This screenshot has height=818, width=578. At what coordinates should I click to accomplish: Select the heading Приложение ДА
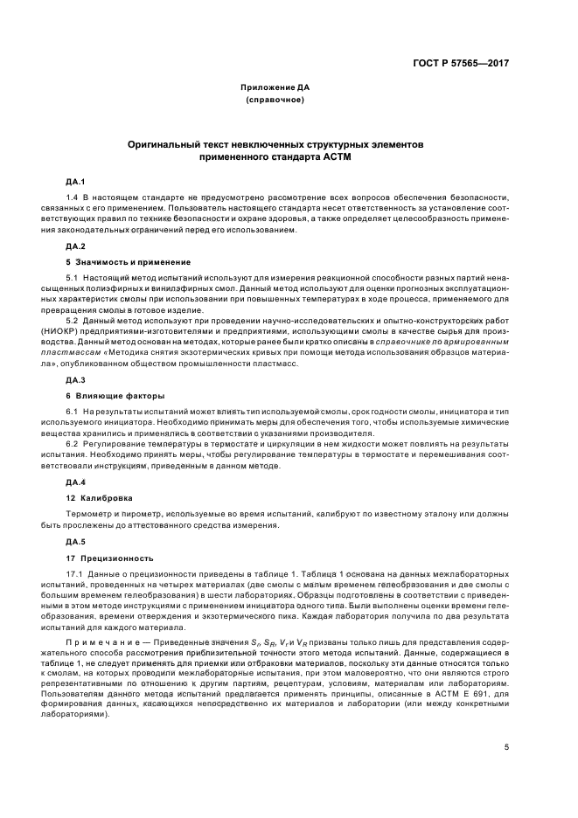[275, 88]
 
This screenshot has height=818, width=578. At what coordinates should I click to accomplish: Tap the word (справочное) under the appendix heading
[275, 101]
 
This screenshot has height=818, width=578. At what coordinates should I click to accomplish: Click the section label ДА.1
[74, 181]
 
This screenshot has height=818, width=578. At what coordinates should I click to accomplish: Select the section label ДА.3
[74, 380]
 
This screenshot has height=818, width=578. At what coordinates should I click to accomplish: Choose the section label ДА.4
[74, 482]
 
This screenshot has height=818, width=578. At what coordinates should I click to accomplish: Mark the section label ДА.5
[74, 541]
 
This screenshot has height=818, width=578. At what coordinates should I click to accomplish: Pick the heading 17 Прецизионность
[109, 557]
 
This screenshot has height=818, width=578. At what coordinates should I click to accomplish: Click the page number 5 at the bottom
[506, 747]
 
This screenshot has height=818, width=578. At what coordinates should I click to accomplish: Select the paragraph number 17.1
[76, 572]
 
